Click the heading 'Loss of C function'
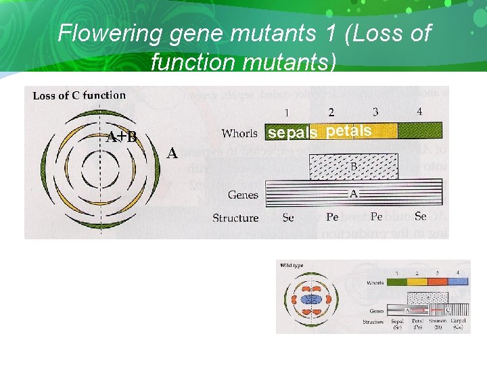click(x=79, y=95)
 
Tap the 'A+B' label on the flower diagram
click(x=122, y=137)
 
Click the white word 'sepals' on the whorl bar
click(x=292, y=133)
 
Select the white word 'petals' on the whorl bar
click(x=348, y=131)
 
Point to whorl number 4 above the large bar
click(x=419, y=111)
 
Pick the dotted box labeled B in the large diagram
click(x=353, y=166)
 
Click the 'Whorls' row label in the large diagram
click(x=239, y=133)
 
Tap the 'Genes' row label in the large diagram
click(x=243, y=195)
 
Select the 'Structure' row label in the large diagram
click(x=235, y=218)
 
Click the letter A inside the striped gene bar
click(x=353, y=193)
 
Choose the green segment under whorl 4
click(x=419, y=130)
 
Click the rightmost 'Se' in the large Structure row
click(x=420, y=217)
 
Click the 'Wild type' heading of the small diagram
click(x=292, y=265)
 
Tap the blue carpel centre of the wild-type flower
click(x=311, y=298)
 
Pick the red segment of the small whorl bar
click(x=438, y=283)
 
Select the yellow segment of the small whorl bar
click(x=417, y=283)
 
